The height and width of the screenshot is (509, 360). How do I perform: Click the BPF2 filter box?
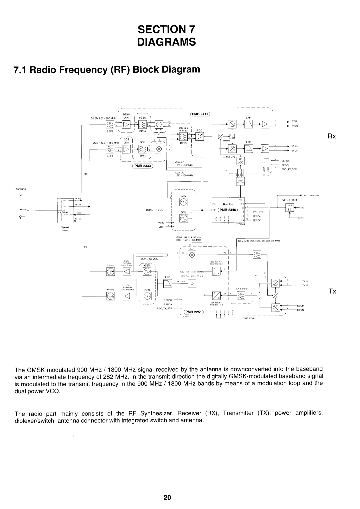coord(110,125)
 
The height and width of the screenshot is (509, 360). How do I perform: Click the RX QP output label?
coord(294,151)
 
